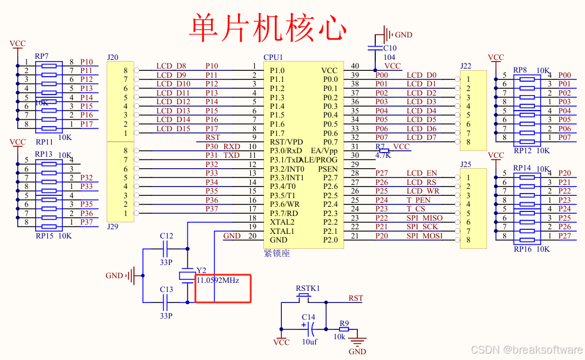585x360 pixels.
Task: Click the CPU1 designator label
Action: (273, 58)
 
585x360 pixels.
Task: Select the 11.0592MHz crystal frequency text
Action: (218, 280)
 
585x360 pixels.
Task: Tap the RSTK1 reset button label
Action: (308, 288)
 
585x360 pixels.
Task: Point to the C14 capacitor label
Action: (308, 317)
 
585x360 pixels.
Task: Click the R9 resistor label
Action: (344, 323)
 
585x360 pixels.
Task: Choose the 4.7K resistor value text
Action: (383, 156)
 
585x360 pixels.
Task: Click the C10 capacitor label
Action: (390, 48)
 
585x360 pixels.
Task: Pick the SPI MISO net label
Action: (425, 218)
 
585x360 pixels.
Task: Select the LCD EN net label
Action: (422, 173)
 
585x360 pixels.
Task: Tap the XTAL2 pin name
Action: (282, 222)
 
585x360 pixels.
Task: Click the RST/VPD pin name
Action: (286, 142)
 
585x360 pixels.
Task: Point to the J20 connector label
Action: (113, 58)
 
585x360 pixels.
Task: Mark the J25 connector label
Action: (466, 164)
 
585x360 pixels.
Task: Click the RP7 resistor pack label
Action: (41, 56)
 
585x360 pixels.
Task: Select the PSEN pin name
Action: (328, 169)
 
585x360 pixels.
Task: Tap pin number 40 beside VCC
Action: (355, 66)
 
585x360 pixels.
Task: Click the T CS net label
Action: (416, 209)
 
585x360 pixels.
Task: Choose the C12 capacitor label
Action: (166, 236)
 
